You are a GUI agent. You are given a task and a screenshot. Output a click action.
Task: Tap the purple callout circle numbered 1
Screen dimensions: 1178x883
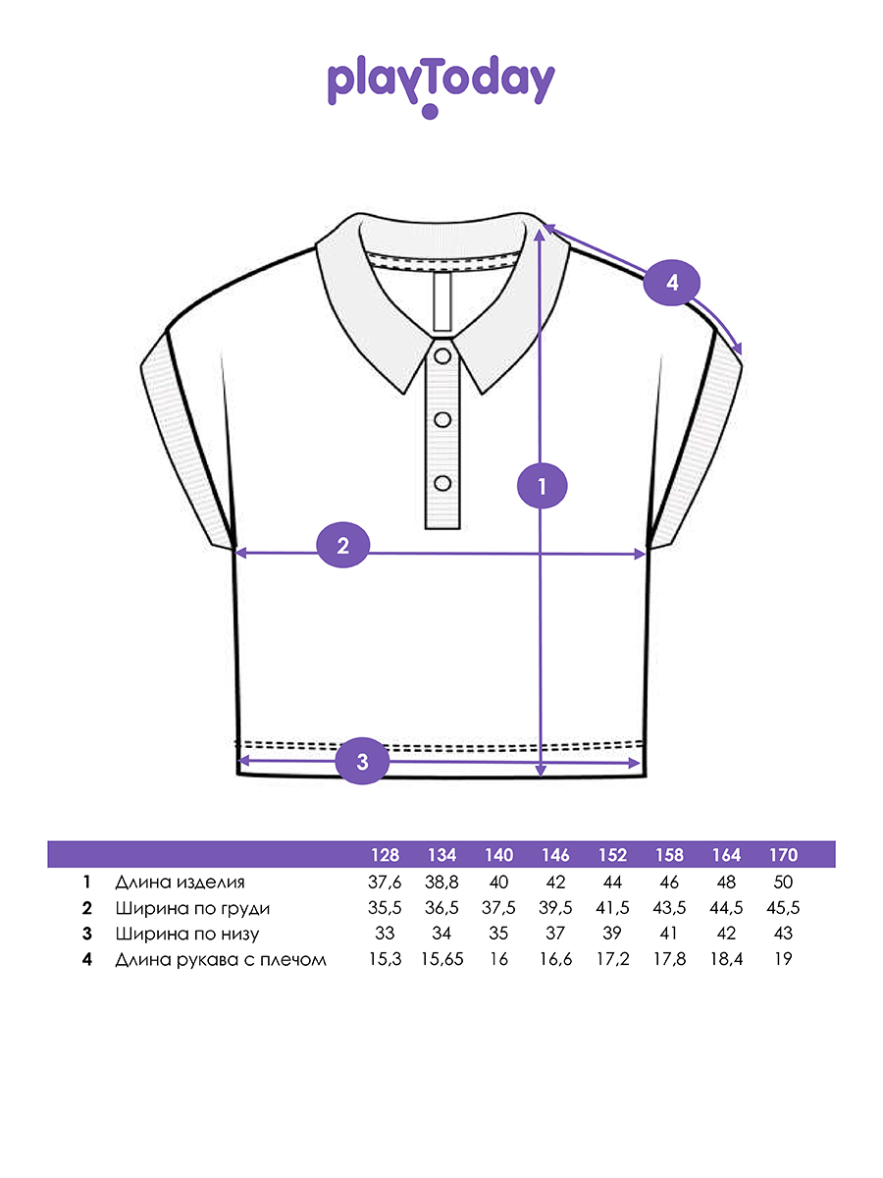[542, 485]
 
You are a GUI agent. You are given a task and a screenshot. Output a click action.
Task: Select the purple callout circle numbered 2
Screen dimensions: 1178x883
[342, 547]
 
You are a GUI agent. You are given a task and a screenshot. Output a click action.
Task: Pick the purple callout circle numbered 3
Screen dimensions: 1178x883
[362, 762]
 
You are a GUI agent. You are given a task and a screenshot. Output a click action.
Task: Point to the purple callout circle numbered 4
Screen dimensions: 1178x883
[672, 283]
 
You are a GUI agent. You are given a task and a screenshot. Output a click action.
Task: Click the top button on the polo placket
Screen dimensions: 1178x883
[442, 354]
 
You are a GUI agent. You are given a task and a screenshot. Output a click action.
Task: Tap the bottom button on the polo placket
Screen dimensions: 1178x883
[442, 483]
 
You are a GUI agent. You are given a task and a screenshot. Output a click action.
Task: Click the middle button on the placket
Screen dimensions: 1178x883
[442, 419]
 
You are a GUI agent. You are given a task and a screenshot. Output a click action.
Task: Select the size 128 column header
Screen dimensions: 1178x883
[385, 855]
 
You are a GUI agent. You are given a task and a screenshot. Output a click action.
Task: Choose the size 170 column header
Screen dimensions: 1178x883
[784, 855]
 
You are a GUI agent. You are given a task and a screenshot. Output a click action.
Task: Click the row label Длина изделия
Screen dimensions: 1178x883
[180, 882]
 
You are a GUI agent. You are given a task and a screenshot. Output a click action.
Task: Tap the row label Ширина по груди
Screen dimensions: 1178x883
[192, 908]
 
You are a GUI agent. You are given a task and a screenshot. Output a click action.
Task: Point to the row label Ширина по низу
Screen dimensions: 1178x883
[186, 934]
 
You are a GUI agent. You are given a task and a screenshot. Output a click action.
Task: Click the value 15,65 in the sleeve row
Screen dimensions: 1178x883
[442, 960]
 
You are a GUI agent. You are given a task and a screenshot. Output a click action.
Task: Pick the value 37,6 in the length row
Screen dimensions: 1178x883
[385, 882]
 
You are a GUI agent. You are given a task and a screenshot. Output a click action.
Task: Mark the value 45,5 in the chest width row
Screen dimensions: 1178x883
[784, 908]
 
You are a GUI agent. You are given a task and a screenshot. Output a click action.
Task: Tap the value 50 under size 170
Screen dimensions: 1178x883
[784, 882]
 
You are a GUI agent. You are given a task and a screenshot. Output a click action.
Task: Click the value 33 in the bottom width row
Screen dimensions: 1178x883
[385, 934]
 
